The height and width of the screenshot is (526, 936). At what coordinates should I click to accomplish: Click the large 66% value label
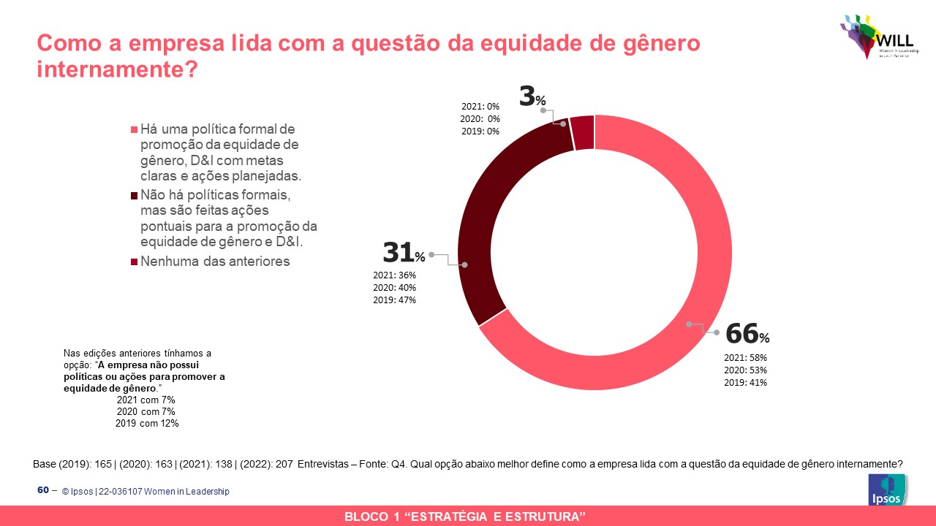(747, 335)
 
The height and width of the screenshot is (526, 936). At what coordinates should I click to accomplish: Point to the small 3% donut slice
(582, 132)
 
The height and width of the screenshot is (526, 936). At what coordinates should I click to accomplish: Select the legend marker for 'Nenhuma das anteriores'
(133, 262)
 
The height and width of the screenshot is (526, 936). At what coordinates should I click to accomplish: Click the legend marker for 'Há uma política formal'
(133, 129)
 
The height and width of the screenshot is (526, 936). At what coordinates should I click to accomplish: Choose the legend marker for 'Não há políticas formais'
(133, 196)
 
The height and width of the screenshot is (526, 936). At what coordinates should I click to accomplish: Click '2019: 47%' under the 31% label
(395, 300)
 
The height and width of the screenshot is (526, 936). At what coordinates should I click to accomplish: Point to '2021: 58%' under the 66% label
(746, 358)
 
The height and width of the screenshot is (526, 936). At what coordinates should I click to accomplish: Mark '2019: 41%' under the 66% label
(746, 382)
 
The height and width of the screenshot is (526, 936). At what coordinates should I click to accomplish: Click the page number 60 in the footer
(43, 490)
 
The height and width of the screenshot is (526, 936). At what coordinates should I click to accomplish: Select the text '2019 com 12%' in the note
(147, 423)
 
